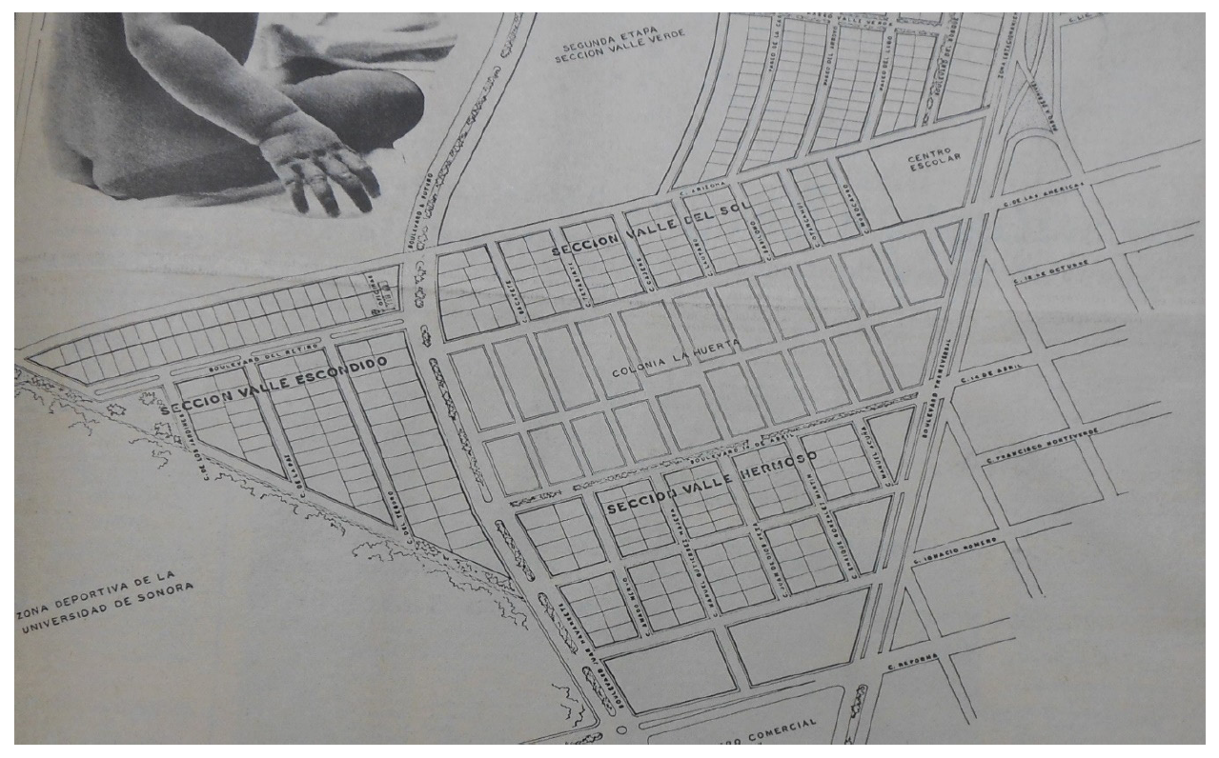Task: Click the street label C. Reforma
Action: tap(913, 661)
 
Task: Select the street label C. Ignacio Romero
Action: tap(953, 550)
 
